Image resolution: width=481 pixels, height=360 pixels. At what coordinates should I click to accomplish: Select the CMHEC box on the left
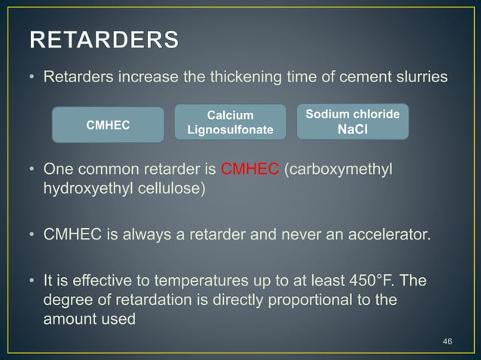108,125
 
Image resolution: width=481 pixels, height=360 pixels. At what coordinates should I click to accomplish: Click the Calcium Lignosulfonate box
230,123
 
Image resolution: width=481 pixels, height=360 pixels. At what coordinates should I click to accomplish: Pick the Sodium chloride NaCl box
352,121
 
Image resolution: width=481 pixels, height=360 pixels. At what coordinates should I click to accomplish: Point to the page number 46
447,342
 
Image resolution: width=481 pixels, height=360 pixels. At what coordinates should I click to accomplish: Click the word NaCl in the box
352,128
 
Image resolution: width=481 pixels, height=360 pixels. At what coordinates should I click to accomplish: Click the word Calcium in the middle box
230,114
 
